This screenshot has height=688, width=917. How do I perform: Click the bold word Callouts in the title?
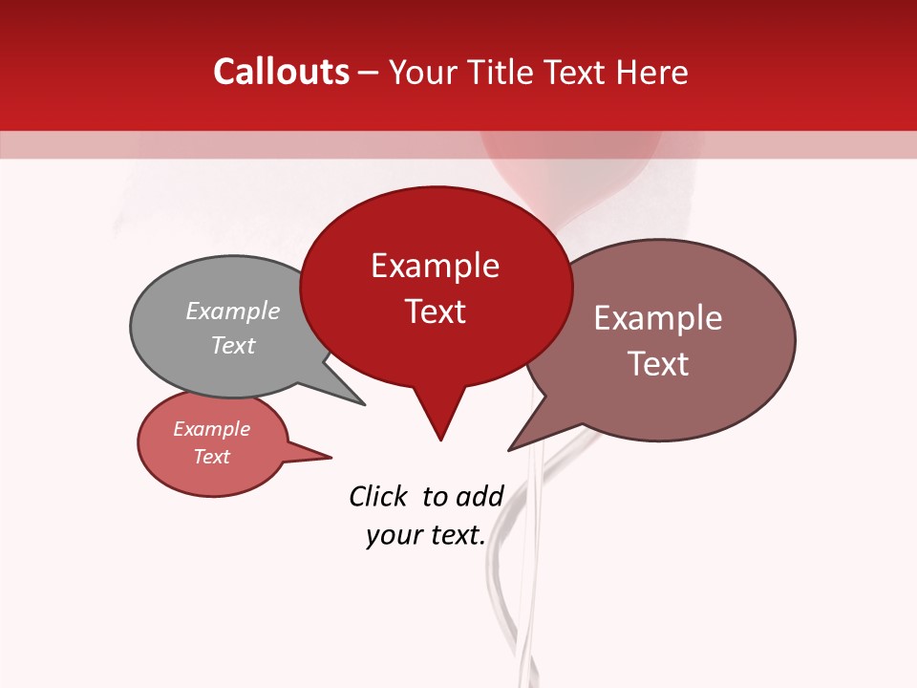click(281, 72)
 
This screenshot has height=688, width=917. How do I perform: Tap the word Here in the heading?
click(652, 72)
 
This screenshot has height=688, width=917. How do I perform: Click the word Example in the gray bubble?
click(233, 311)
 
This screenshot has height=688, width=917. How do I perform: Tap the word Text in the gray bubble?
click(233, 345)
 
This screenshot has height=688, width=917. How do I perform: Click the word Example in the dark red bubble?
click(435, 266)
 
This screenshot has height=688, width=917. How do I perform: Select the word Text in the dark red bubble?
click(435, 312)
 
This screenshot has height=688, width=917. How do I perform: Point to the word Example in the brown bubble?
click(658, 318)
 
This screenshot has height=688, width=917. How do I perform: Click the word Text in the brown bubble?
click(658, 364)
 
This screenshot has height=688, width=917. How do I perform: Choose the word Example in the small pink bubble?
click(212, 429)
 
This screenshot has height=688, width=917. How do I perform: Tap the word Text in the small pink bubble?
click(212, 457)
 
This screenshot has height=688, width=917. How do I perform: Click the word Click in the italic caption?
click(377, 496)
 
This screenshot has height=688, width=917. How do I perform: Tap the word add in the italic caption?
click(480, 496)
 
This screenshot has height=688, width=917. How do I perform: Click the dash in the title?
click(369, 73)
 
